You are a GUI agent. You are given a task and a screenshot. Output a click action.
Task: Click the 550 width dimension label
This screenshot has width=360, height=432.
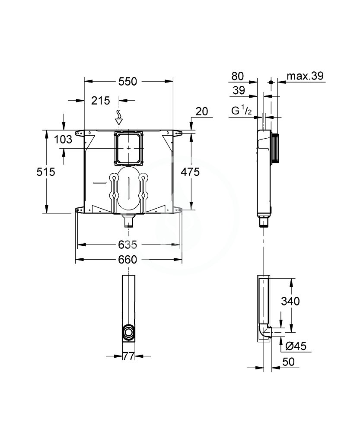128,81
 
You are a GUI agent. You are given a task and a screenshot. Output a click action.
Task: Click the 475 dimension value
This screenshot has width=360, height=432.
190,172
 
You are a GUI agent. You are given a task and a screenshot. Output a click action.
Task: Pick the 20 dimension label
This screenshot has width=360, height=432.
201,111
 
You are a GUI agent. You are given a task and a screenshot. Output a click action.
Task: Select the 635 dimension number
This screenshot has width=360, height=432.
128,245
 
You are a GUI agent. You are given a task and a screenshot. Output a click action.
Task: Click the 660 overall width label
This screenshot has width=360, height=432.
128,260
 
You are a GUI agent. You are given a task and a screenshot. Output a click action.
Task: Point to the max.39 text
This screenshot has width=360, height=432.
306,76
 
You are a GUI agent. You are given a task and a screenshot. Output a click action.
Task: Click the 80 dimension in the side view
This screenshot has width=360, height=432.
237,76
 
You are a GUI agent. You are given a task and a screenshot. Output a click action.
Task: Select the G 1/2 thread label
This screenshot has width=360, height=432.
241,112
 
